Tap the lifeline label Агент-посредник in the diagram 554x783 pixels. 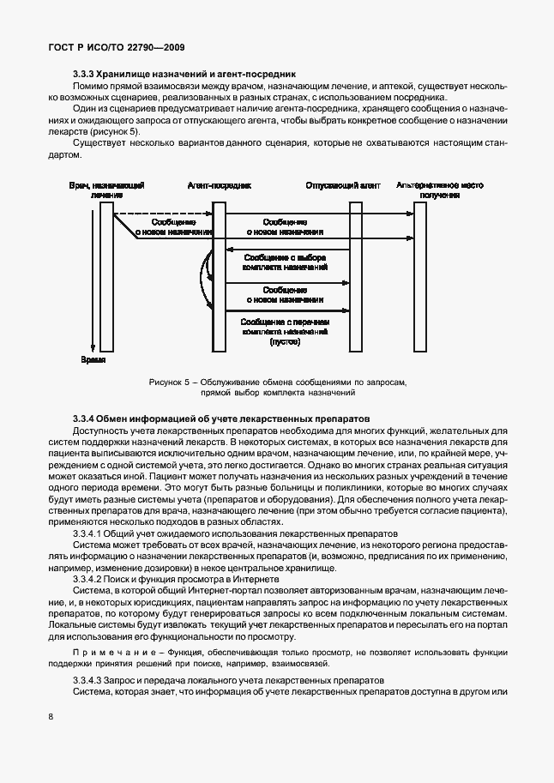[219, 185]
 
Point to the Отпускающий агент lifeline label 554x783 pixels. [342, 185]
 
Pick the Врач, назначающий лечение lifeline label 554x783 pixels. [106, 190]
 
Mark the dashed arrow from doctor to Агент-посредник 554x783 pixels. [163, 214]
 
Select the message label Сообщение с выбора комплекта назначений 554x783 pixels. [286, 262]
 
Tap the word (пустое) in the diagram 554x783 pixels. [285, 340]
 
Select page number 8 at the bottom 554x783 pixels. [50, 717]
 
